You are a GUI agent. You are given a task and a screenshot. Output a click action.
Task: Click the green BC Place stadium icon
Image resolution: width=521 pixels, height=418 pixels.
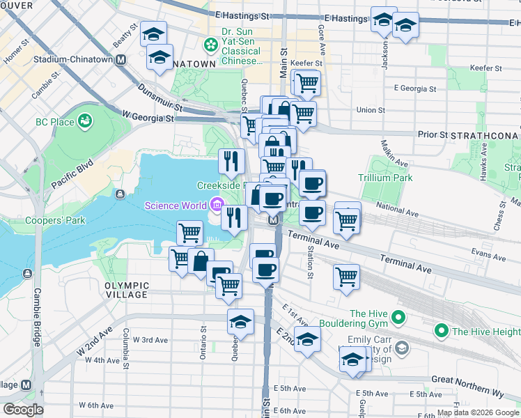pyautogui.click(x=86, y=122)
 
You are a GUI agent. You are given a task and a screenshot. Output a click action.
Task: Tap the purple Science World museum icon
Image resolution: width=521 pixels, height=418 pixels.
pyautogui.click(x=216, y=205)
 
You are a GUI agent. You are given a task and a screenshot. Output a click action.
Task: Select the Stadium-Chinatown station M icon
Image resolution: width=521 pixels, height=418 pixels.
pyautogui.click(x=121, y=60)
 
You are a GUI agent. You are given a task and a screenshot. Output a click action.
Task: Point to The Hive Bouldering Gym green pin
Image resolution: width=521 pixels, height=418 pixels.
pyautogui.click(x=398, y=318)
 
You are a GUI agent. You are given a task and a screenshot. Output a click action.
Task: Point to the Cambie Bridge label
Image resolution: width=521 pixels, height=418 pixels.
pyautogui.click(x=37, y=317)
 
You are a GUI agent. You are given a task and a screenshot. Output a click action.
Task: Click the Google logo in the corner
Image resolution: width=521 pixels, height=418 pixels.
pyautogui.click(x=23, y=410)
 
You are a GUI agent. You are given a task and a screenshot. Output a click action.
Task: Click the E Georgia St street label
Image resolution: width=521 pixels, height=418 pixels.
pyautogui.click(x=414, y=89)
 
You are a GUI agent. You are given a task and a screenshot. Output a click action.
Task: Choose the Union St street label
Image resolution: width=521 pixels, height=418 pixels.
pyautogui.click(x=371, y=110)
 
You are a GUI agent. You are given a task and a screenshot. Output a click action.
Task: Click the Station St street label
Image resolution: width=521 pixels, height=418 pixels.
pyautogui.click(x=311, y=262)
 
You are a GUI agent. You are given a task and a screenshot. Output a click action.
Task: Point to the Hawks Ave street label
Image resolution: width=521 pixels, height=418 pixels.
pyautogui.click(x=483, y=163)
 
